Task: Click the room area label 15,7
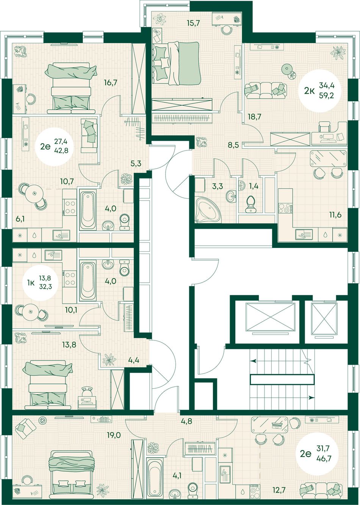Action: (194, 23)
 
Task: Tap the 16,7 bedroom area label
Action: (111, 83)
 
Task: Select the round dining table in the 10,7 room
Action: (34, 193)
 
